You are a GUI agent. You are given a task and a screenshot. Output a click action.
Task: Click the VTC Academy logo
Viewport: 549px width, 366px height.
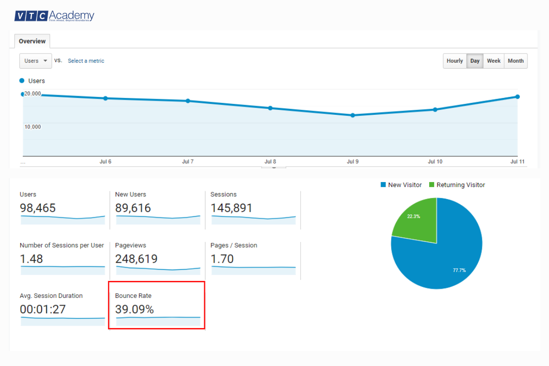click(x=54, y=16)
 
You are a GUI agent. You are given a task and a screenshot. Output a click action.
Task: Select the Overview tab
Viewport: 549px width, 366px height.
click(x=32, y=41)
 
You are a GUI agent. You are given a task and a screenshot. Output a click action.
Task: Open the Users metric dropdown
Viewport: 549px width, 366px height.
click(x=35, y=61)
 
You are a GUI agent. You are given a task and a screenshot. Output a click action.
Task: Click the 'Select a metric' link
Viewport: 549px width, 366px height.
click(x=86, y=61)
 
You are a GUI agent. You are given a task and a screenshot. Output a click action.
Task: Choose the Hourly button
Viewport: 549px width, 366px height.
click(x=455, y=61)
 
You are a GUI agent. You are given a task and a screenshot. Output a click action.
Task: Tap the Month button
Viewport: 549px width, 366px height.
click(x=516, y=61)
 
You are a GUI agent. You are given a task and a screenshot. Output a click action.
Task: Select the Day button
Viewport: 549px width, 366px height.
click(x=475, y=61)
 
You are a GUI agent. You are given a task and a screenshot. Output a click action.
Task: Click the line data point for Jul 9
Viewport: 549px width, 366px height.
click(x=353, y=115)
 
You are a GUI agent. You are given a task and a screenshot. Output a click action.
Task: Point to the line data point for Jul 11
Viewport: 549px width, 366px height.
click(x=517, y=97)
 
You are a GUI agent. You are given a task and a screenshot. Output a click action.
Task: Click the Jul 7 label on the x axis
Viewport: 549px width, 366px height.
click(x=188, y=162)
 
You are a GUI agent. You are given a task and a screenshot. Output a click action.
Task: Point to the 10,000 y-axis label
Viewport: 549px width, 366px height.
click(x=32, y=127)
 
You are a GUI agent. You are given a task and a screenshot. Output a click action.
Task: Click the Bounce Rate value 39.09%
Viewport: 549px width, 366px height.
click(x=135, y=310)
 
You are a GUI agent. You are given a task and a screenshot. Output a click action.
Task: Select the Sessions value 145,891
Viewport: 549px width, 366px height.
click(x=231, y=208)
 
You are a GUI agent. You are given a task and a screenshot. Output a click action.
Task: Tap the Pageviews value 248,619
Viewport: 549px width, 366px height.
click(x=136, y=259)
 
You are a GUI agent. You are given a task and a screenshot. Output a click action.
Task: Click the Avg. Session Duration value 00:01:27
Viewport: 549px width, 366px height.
click(x=43, y=310)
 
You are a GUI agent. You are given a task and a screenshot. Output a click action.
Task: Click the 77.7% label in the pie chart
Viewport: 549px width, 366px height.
click(x=459, y=270)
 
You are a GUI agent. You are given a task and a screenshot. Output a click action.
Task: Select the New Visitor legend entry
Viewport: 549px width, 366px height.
click(x=401, y=185)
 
